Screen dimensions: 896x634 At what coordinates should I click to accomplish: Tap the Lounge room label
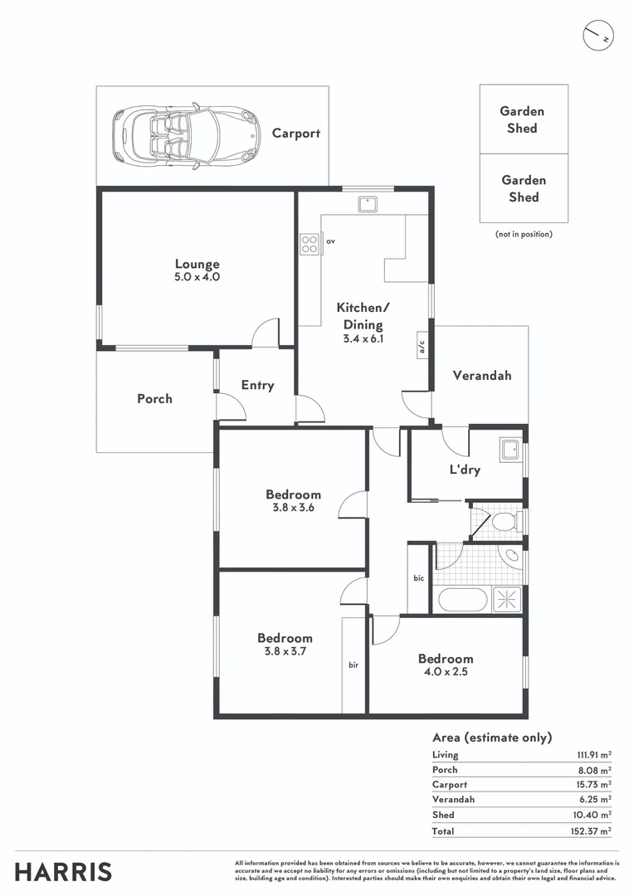tap(197, 265)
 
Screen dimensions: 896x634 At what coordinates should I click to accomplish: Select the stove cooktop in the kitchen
tap(309, 244)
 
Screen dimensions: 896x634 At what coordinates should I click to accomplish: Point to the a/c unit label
tap(422, 347)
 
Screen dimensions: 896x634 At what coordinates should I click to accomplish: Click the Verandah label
tap(481, 375)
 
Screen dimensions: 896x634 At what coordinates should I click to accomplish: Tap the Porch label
tap(154, 399)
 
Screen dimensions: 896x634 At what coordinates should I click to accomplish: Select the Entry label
tap(257, 385)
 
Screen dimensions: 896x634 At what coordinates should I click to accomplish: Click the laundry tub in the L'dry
tap(509, 451)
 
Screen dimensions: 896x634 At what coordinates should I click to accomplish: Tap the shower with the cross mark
tap(507, 600)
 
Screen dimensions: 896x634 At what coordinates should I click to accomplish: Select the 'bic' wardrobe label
tap(419, 577)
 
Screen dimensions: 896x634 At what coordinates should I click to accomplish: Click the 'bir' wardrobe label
tap(354, 665)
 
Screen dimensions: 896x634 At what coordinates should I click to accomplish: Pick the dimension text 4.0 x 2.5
tap(446, 673)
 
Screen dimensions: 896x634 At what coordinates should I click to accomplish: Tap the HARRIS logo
tap(63, 872)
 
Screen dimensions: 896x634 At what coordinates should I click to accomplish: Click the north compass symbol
tap(597, 36)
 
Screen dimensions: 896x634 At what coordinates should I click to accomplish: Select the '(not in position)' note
tap(524, 235)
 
